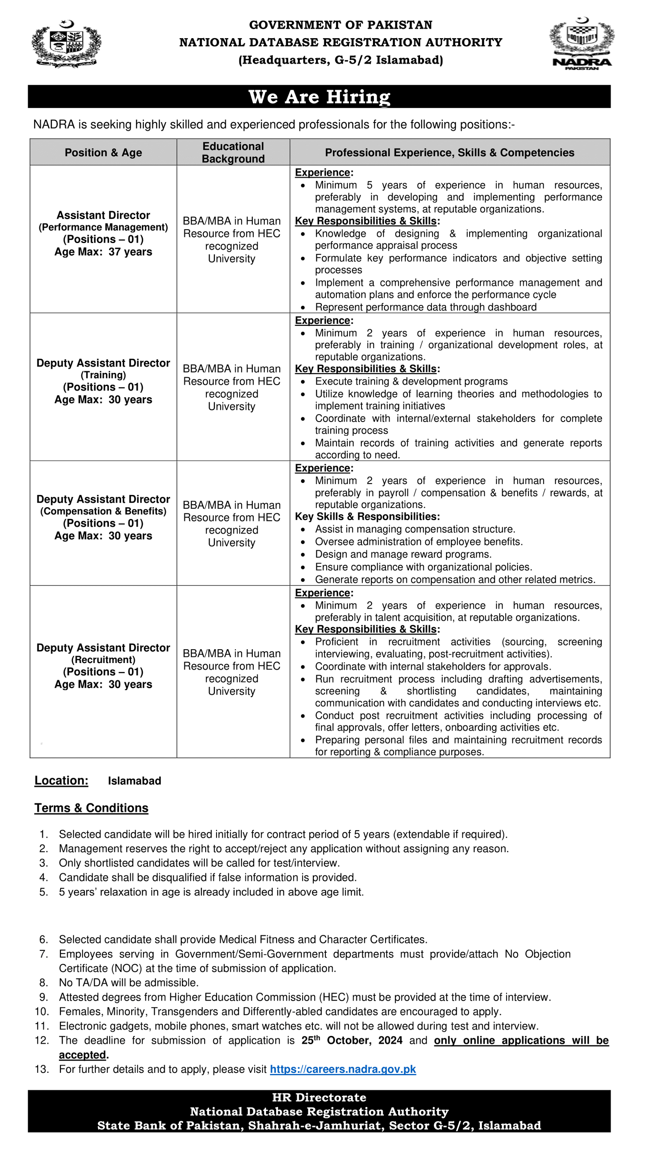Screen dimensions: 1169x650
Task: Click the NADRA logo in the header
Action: [x=581, y=43]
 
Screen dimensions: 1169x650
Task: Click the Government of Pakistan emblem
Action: [x=66, y=44]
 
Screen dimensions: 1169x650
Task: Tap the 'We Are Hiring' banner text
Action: [x=319, y=97]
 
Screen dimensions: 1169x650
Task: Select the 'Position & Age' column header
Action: [x=103, y=153]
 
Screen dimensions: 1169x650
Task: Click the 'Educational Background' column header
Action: [x=233, y=153]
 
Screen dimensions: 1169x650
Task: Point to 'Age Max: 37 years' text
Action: [x=103, y=252]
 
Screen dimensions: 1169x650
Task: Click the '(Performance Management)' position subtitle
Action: [x=103, y=227]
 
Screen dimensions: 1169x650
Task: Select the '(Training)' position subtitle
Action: [x=103, y=375]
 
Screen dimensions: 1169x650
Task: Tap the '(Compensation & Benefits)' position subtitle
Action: [x=103, y=511]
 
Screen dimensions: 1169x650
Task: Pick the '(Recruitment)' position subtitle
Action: [x=103, y=660]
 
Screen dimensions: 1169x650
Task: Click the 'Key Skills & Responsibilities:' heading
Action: [x=367, y=517]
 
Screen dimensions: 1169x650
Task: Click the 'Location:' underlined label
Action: [x=61, y=781]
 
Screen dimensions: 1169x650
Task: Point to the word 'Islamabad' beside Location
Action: [x=134, y=781]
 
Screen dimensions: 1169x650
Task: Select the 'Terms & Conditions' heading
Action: [x=91, y=808]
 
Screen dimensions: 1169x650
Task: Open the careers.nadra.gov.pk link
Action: [x=342, y=1069]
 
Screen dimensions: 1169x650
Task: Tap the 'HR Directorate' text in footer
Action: [x=319, y=1097]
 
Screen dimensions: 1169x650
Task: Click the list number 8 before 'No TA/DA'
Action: [x=43, y=982]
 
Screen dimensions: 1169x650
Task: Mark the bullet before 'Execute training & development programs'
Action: [x=303, y=382]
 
